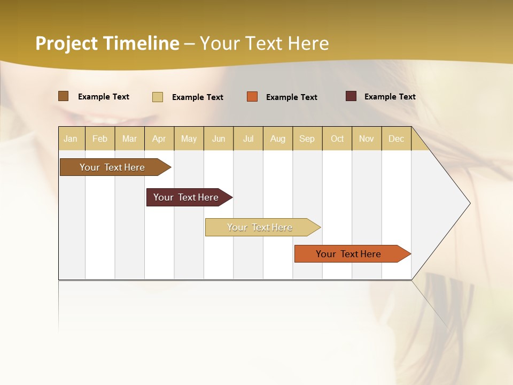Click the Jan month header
(71, 138)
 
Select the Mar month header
(129, 138)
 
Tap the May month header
(189, 138)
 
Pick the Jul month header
(248, 138)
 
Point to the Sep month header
(307, 138)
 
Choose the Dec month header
(396, 138)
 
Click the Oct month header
(337, 138)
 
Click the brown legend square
(63, 96)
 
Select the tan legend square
(158, 97)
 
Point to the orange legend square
(252, 97)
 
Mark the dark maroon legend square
(351, 96)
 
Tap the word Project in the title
(66, 43)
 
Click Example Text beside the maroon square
(390, 97)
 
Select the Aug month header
(277, 138)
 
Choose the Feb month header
(100, 138)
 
